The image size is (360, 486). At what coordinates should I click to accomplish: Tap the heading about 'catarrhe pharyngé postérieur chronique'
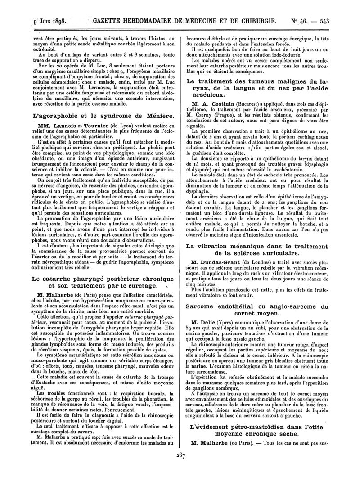coord(104,279)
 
